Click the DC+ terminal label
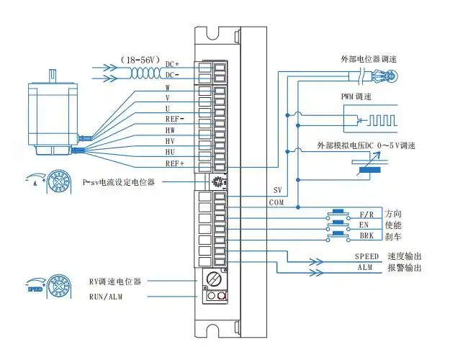click(172, 64)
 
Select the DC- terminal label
click(172, 75)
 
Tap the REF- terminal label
click(174, 118)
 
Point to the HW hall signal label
click(170, 130)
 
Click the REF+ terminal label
click(174, 163)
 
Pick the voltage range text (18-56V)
click(140, 59)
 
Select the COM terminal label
click(276, 202)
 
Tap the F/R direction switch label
click(365, 214)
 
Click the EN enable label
click(364, 225)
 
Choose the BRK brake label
click(366, 235)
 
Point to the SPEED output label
click(366, 256)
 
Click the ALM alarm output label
click(365, 267)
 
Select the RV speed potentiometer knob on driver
click(212, 277)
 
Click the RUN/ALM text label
click(105, 296)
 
